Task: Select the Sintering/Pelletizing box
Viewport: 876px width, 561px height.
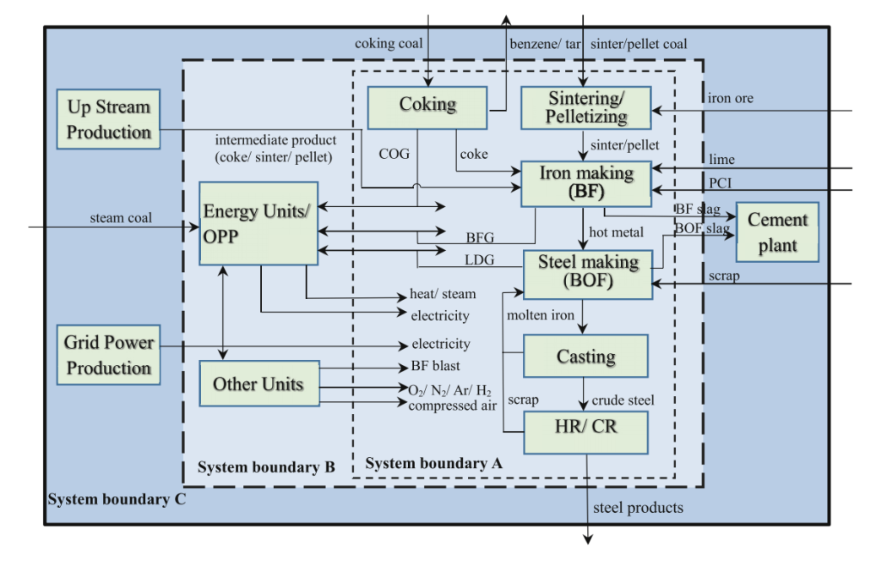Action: [587, 107]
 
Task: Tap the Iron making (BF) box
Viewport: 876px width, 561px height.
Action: [586, 183]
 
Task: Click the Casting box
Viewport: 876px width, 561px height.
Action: [585, 357]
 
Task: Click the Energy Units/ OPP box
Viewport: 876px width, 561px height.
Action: [258, 223]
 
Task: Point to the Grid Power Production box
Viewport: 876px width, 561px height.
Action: [108, 356]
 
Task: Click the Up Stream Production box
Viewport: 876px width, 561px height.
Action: [108, 119]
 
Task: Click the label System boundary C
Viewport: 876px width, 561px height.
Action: [117, 499]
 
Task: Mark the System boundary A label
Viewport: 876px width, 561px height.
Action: [433, 463]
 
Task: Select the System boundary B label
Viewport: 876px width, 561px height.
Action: [266, 467]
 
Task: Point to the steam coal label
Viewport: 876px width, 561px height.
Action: [121, 218]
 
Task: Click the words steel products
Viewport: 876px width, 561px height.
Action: [638, 508]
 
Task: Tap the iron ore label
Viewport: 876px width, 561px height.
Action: [731, 99]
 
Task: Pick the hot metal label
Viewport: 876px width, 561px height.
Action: [618, 232]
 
